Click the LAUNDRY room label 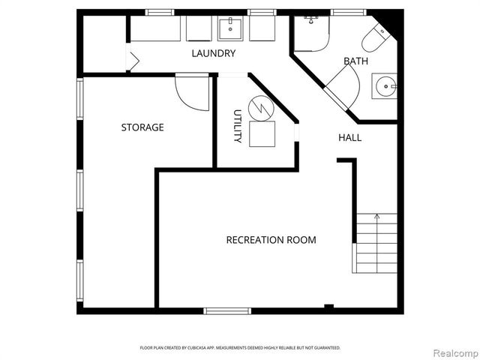[214, 53]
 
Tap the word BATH [355, 61]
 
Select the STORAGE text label [142, 127]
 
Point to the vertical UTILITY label [237, 127]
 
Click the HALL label [349, 138]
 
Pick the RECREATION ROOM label [271, 240]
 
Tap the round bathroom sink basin [385, 87]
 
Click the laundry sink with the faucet [229, 29]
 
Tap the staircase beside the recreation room [376, 243]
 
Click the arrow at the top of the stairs [376, 218]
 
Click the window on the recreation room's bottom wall [226, 310]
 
